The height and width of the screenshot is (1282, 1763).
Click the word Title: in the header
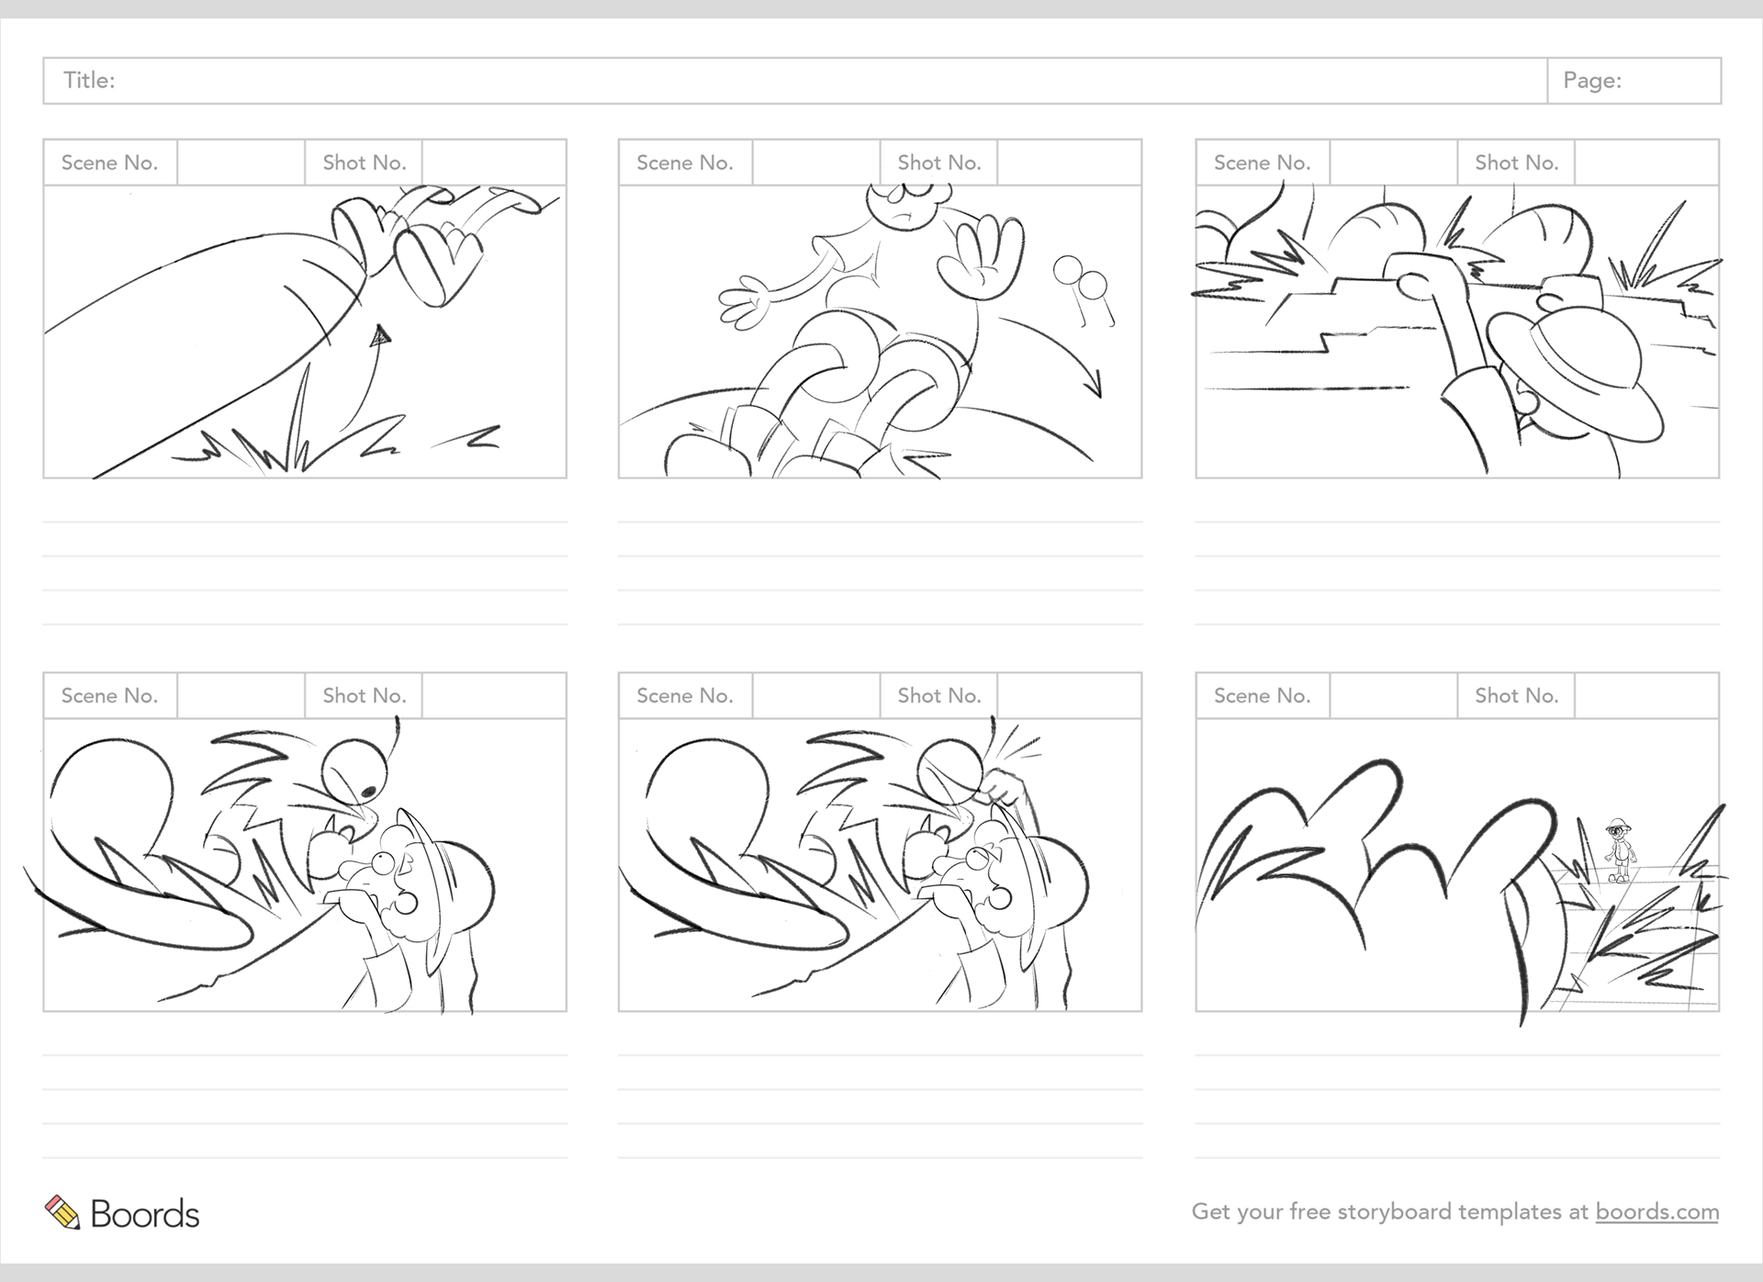pyautogui.click(x=89, y=81)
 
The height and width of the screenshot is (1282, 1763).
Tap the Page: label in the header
pyautogui.click(x=1592, y=81)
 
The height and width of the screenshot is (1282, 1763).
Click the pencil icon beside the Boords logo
pyautogui.click(x=62, y=1212)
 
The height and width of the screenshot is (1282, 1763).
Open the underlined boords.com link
pyautogui.click(x=1656, y=1211)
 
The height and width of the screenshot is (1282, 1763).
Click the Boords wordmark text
pyautogui.click(x=145, y=1214)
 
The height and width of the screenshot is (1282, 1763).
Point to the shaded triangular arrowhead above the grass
pyautogui.click(x=380, y=336)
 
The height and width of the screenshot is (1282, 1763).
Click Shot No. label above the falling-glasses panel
pyautogui.click(x=939, y=163)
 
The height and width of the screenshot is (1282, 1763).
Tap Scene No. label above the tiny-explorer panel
pyautogui.click(x=1262, y=696)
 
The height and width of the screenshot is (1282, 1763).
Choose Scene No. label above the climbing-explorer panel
pyautogui.click(x=1262, y=163)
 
